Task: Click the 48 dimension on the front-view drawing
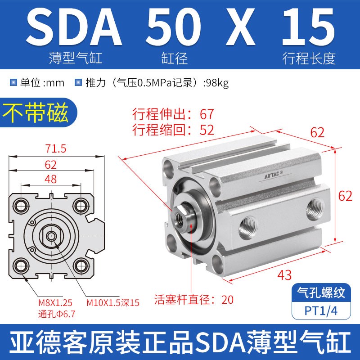[51, 179]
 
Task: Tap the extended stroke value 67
[207, 114]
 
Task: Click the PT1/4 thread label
[321, 310]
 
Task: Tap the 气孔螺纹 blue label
[321, 293]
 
